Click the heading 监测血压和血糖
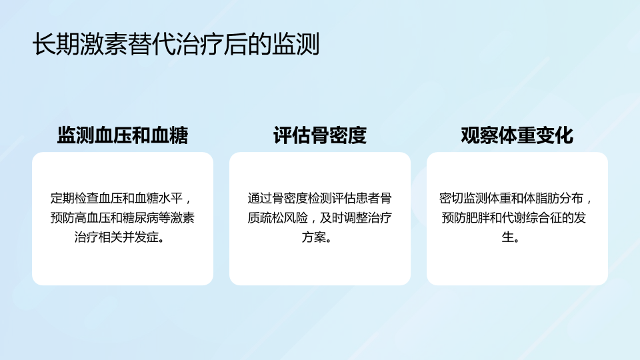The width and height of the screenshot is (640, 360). pos(123,135)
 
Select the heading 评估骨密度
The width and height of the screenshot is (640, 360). pos(320,135)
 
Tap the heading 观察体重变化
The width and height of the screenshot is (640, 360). pos(517,135)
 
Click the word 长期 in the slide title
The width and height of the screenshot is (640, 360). pos(56,44)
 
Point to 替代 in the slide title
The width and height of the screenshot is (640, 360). pos(151,44)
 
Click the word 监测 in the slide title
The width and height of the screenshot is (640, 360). pos(296,44)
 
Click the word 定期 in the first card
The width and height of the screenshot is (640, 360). pos(63,198)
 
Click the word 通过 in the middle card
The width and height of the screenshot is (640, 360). pos(259,198)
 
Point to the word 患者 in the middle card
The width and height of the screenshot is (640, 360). pos(368,198)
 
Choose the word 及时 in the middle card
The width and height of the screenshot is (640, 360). pos(332,217)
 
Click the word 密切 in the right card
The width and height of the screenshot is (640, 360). pos(451,198)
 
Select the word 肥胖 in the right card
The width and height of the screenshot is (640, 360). pos(477,217)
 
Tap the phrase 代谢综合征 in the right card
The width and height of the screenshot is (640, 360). pos(532,217)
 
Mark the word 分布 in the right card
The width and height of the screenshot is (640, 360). pos(571,198)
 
